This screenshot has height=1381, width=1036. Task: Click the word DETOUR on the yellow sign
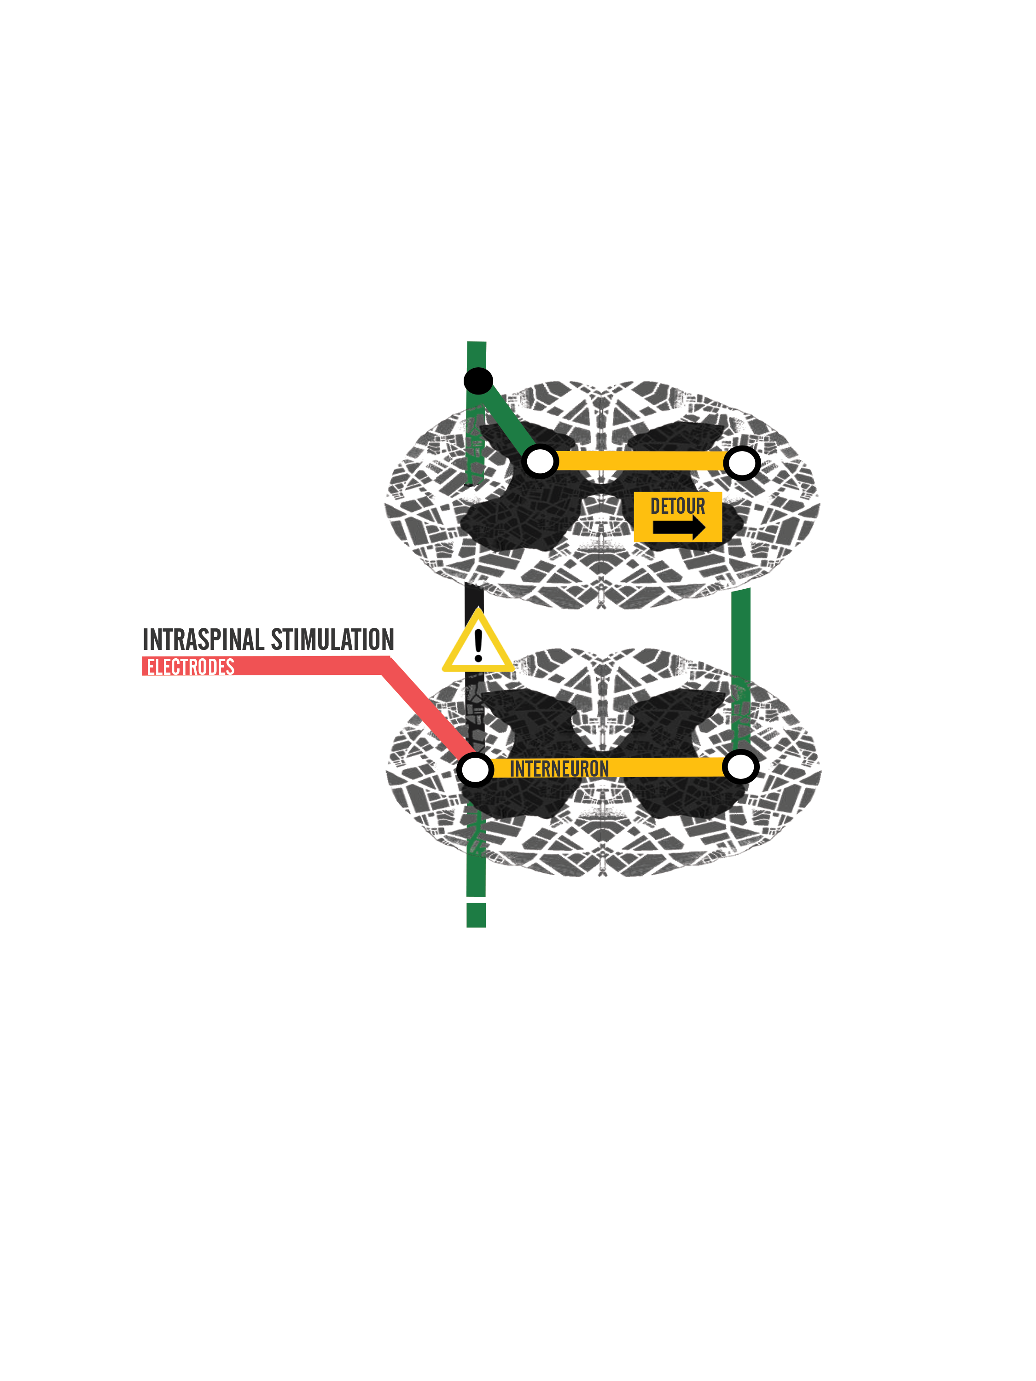(678, 506)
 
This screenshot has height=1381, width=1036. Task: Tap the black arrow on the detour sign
(679, 528)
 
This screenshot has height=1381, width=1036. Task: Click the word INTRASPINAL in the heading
(204, 640)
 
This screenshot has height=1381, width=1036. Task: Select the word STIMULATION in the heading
(332, 640)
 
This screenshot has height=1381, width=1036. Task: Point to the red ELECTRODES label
(191, 667)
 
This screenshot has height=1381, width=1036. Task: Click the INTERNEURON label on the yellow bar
(559, 769)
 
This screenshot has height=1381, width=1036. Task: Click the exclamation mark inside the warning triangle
(478, 645)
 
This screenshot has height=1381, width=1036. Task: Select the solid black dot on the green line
(478, 381)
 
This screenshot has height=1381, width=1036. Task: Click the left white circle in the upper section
(540, 462)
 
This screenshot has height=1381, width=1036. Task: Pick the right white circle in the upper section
(742, 463)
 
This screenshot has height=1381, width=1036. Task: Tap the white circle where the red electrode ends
(475, 770)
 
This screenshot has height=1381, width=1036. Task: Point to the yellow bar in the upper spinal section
(641, 461)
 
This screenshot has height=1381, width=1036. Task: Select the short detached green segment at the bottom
(476, 915)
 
